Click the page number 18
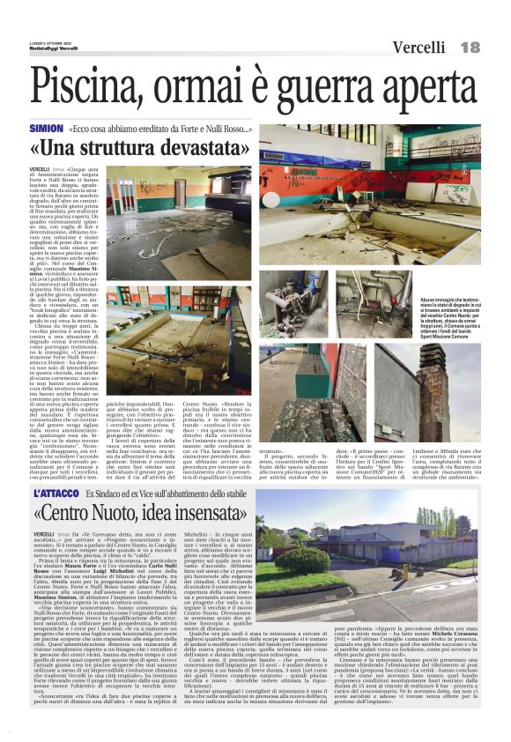[470, 47]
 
